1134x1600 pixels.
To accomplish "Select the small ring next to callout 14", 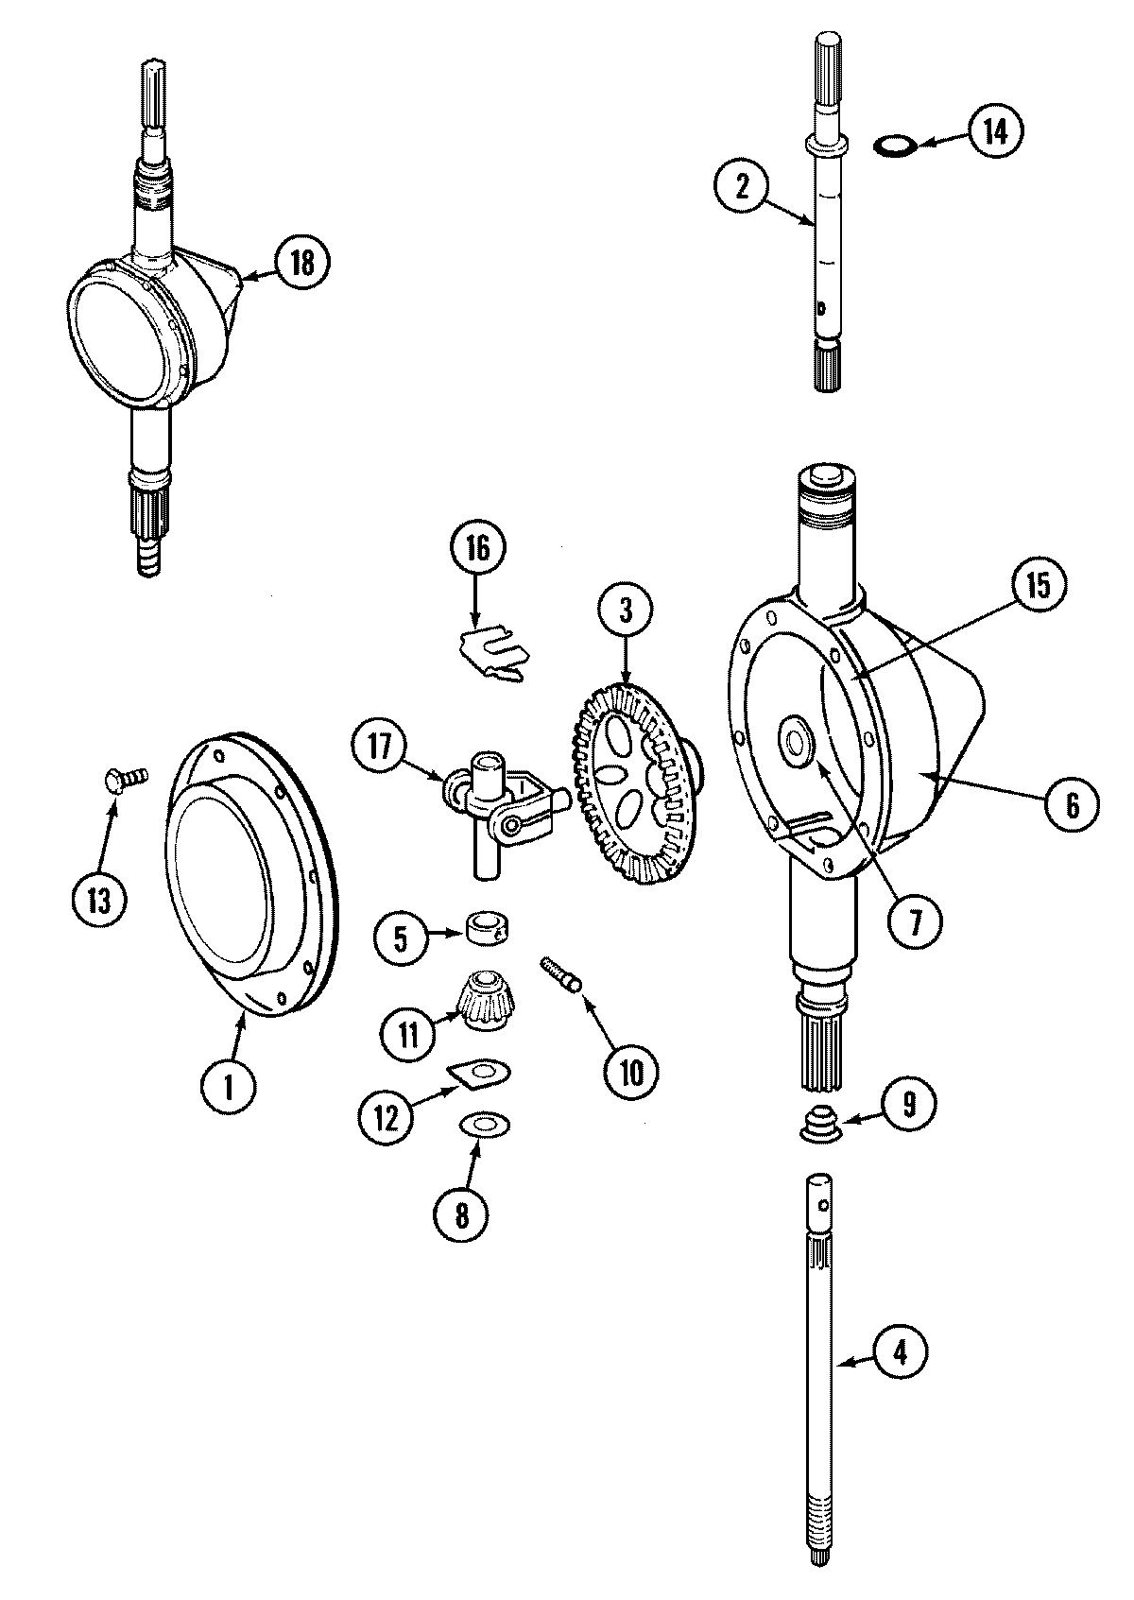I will point(892,145).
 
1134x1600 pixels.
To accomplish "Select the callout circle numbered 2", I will point(743,186).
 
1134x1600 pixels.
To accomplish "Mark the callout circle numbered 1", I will point(229,1092).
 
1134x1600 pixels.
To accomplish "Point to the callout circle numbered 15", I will point(1037,586).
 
